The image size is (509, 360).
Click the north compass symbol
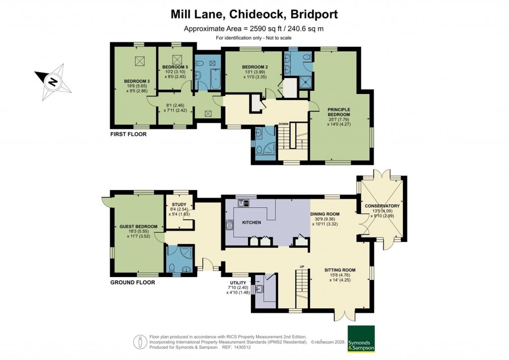pyautogui.click(x=53, y=80)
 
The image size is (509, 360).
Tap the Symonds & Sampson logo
pyautogui.click(x=361, y=338)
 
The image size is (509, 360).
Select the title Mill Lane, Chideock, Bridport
pyautogui.click(x=254, y=13)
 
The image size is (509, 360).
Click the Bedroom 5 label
pyautogui.click(x=174, y=66)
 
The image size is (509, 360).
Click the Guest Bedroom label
pyautogui.click(x=138, y=227)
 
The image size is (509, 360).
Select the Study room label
pyautogui.click(x=178, y=204)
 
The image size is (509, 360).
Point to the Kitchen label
pyautogui.click(x=252, y=222)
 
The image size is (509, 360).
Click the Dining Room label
pyautogui.click(x=325, y=214)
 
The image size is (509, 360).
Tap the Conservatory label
pyautogui.click(x=382, y=206)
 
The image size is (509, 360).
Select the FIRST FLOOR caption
pyautogui.click(x=129, y=134)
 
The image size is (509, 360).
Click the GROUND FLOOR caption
pyautogui.click(x=133, y=282)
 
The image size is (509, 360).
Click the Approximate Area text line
pyautogui.click(x=254, y=28)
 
